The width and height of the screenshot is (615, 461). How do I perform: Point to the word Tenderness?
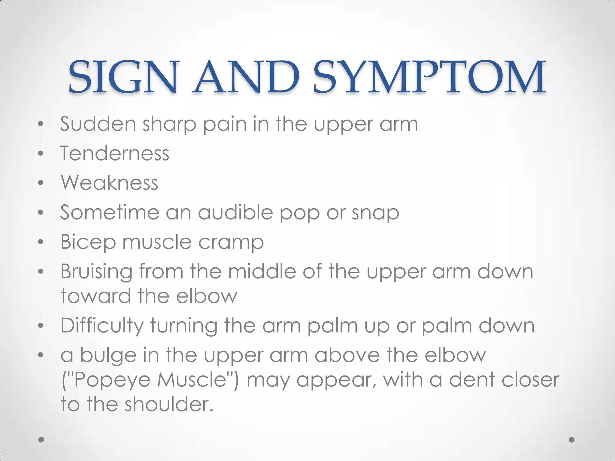[x=115, y=153]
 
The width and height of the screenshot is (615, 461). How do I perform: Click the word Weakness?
[x=109, y=182]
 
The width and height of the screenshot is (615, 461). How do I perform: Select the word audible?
[x=235, y=212]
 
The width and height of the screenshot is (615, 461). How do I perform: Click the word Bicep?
[x=88, y=242]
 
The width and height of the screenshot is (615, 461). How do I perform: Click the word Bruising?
[x=96, y=272]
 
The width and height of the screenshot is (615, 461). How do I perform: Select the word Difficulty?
[x=102, y=326]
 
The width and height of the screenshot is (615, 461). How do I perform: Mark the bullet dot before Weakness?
[x=41, y=183]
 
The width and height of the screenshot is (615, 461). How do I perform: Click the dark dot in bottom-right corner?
[x=572, y=440]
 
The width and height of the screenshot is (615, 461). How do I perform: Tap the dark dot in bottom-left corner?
[x=41, y=440]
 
